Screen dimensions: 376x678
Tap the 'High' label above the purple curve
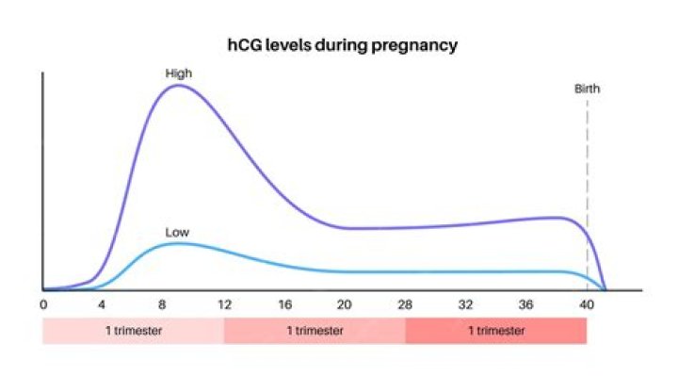pyautogui.click(x=178, y=73)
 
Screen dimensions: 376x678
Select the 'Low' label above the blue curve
pyautogui.click(x=177, y=231)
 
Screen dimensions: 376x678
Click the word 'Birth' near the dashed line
pyautogui.click(x=587, y=90)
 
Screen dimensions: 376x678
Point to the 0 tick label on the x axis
pyautogui.click(x=43, y=305)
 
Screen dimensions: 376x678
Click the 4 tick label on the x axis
pyautogui.click(x=103, y=305)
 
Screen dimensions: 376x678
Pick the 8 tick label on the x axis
pyautogui.click(x=163, y=305)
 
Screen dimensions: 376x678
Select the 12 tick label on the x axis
pyautogui.click(x=224, y=305)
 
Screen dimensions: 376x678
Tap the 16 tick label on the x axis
pyautogui.click(x=284, y=305)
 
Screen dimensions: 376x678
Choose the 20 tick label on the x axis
pyautogui.click(x=345, y=305)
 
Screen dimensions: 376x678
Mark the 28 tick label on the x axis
pyautogui.click(x=405, y=305)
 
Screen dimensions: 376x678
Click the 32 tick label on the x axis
pyautogui.click(x=465, y=305)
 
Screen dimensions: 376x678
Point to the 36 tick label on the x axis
pyautogui.click(x=525, y=305)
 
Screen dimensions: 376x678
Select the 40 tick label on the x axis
pyautogui.click(x=587, y=305)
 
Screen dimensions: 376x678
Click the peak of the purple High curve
pyautogui.click(x=178, y=86)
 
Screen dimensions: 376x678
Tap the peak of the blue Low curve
pyautogui.click(x=177, y=243)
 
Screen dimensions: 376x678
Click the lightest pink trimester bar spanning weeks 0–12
pyautogui.click(x=133, y=331)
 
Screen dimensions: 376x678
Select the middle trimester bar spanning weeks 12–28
pyautogui.click(x=315, y=331)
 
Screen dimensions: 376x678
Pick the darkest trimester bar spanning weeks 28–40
pyautogui.click(x=496, y=331)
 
